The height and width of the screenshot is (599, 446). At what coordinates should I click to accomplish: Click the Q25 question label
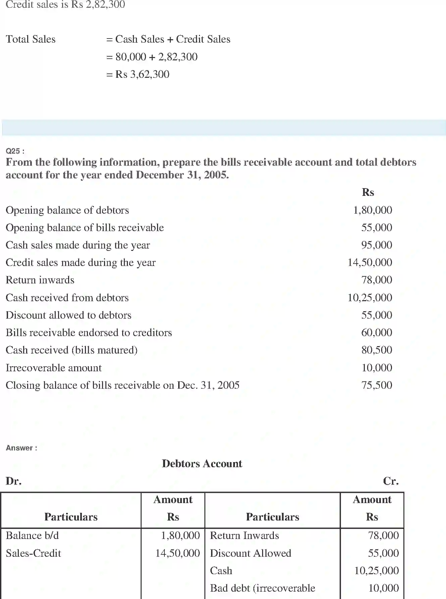coord(15,151)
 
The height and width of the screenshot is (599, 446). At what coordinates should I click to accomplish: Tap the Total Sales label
coord(31,39)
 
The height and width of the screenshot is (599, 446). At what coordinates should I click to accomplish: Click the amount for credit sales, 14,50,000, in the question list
coord(369,262)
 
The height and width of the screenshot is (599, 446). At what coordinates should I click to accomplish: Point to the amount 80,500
coord(377,350)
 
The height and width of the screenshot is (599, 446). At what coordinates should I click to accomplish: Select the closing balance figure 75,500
coord(377,385)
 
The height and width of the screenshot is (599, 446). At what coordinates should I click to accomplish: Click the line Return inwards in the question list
coord(40,280)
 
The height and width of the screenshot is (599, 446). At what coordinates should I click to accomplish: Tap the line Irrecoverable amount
coord(53,368)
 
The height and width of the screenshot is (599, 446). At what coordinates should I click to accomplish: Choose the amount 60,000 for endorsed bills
coord(377,332)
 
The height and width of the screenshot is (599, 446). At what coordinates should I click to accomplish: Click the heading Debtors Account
coord(202,464)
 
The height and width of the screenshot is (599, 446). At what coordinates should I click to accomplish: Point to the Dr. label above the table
coord(13,481)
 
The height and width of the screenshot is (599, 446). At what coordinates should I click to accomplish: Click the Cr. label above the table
coord(391,481)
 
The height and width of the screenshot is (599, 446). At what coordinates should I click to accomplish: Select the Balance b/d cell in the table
coord(32,536)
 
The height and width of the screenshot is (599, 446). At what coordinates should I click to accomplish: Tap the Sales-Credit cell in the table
coord(33,553)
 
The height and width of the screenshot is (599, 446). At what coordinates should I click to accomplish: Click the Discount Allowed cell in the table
coord(250,553)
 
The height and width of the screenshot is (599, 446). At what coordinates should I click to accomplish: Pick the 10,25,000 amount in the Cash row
coord(376,570)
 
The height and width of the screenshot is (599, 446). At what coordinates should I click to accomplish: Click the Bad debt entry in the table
coord(262,588)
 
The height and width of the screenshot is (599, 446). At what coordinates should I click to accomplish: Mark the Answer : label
coord(21,448)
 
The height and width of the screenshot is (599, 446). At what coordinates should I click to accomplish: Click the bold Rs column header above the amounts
coord(368,192)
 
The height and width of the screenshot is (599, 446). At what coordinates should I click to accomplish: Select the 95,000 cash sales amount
coord(377,245)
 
